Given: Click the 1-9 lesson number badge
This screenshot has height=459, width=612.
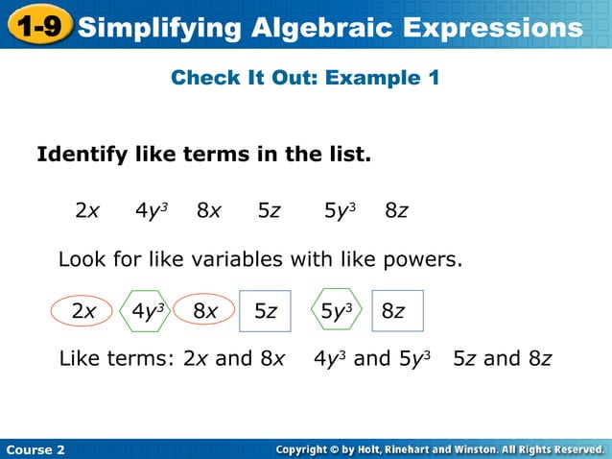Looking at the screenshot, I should [38, 26].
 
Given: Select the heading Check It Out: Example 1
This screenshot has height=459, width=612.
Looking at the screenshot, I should [305, 78].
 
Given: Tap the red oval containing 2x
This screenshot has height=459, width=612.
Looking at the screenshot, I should [83, 311].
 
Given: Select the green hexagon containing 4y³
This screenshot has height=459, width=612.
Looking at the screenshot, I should [148, 311].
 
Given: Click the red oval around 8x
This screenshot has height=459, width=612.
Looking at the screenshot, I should [204, 311].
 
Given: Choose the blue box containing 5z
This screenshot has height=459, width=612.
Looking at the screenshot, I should [265, 311].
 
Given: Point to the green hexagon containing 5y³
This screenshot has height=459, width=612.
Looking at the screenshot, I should [337, 310].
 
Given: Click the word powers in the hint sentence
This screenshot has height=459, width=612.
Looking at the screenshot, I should [424, 259].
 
